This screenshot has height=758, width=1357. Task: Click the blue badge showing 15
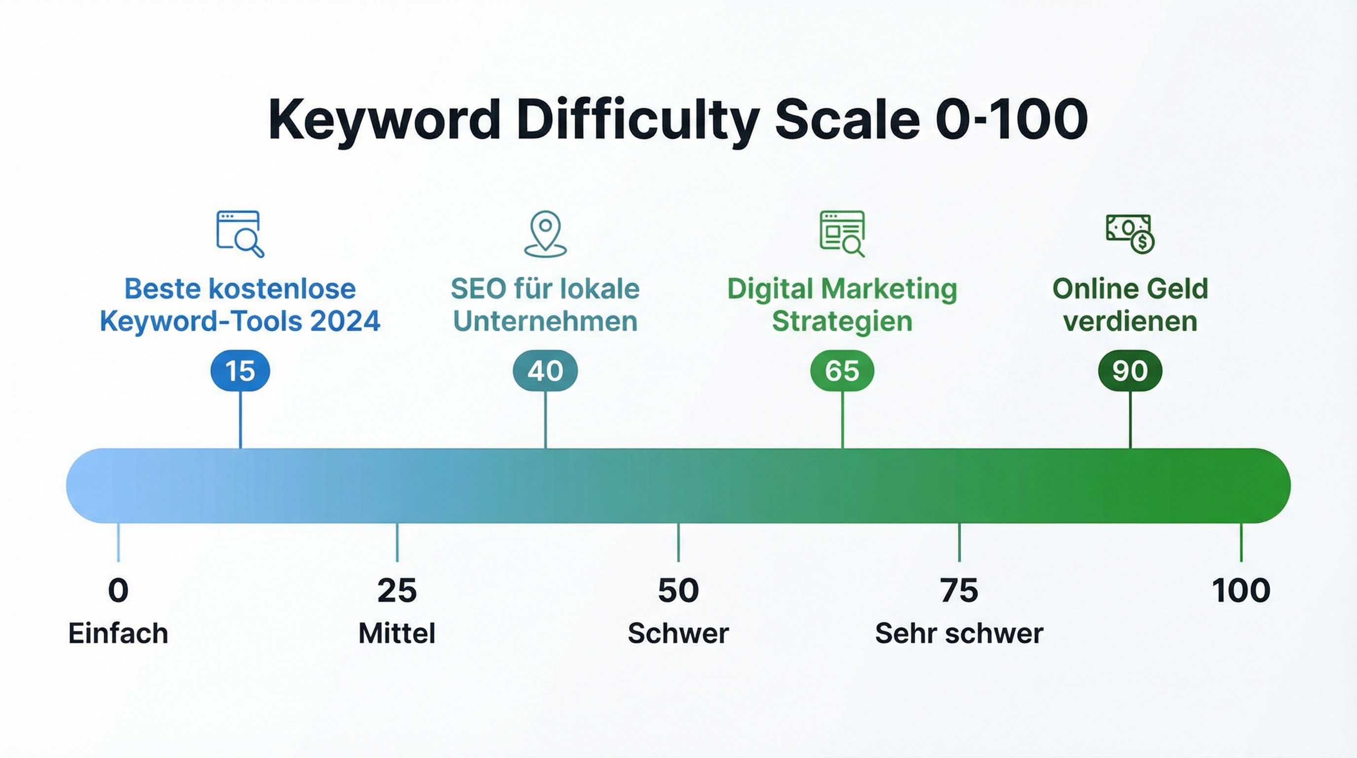(240, 371)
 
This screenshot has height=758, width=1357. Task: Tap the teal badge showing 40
(545, 371)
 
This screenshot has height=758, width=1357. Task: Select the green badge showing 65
(842, 371)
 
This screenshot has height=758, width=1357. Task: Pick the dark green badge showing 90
(1130, 371)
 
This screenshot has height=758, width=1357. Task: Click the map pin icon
(545, 234)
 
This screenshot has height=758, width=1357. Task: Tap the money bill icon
(1130, 234)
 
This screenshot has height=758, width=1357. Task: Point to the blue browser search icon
(240, 234)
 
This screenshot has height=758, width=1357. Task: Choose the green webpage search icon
(842, 234)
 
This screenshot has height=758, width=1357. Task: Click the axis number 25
(396, 590)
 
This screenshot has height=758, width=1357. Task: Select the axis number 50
(678, 590)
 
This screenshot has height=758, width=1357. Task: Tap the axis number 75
(959, 590)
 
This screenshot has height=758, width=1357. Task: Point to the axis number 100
(1241, 590)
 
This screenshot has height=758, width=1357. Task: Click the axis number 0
(118, 590)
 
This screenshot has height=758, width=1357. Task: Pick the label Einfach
(118, 633)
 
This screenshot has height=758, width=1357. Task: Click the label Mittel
(396, 633)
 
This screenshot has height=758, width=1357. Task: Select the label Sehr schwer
(959, 633)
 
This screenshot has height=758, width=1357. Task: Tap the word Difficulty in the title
(638, 120)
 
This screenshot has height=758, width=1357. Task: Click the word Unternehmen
(545, 321)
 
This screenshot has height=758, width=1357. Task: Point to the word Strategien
(842, 321)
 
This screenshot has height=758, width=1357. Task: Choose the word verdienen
(1130, 321)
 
